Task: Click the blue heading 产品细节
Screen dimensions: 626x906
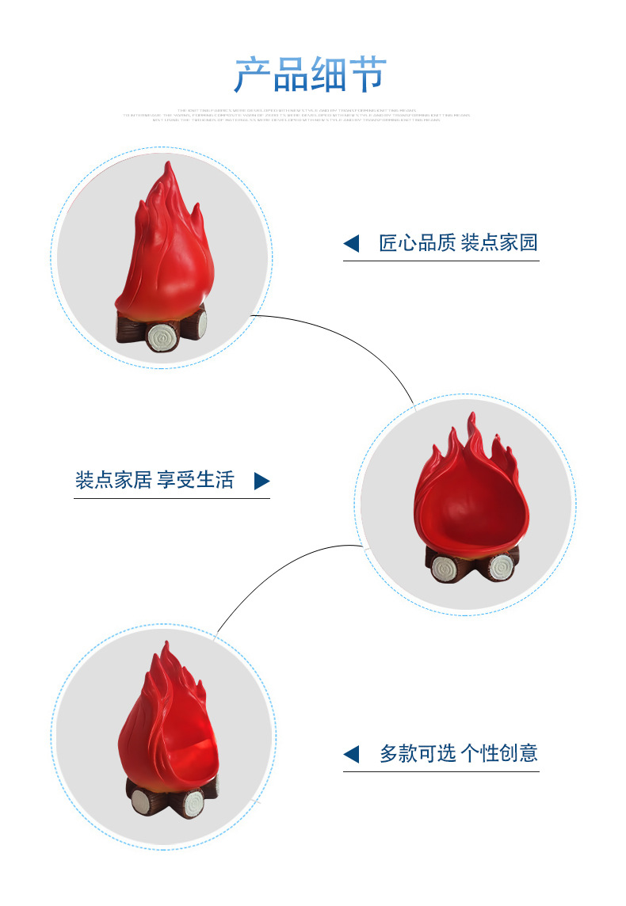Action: click(x=310, y=74)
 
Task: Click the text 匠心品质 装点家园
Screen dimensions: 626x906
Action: click(x=459, y=242)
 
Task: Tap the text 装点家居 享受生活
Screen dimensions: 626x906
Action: click(x=155, y=480)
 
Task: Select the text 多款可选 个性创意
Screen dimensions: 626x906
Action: click(x=459, y=753)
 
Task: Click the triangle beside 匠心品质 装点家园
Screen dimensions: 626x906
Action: click(x=351, y=244)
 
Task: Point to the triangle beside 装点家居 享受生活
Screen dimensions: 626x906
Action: click(x=261, y=481)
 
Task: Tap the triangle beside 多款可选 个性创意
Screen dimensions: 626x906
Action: click(x=351, y=754)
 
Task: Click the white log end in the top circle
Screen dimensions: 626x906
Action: click(x=162, y=338)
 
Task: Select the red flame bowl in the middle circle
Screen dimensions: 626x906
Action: click(x=471, y=499)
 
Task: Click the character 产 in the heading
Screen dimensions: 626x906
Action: click(x=252, y=75)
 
